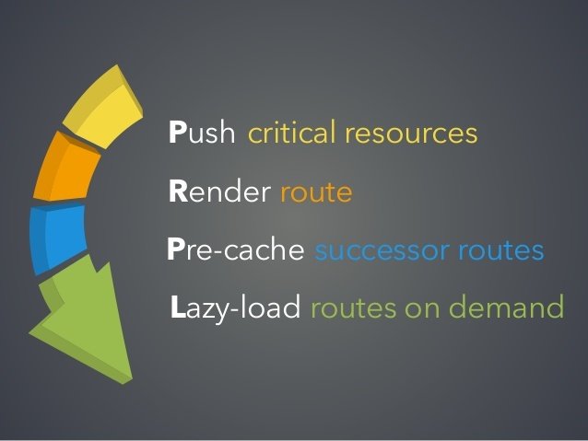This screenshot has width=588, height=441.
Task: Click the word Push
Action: (202, 134)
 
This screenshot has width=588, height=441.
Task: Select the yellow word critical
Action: (292, 134)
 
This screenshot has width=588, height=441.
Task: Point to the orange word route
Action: (316, 193)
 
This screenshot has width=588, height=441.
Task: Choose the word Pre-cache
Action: (236, 250)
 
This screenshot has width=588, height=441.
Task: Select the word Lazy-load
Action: (237, 308)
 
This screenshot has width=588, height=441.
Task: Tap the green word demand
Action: (505, 308)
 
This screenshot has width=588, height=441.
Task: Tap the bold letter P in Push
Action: (177, 134)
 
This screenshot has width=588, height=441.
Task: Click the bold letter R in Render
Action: (178, 192)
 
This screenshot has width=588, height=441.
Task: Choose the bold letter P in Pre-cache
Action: (176, 250)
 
